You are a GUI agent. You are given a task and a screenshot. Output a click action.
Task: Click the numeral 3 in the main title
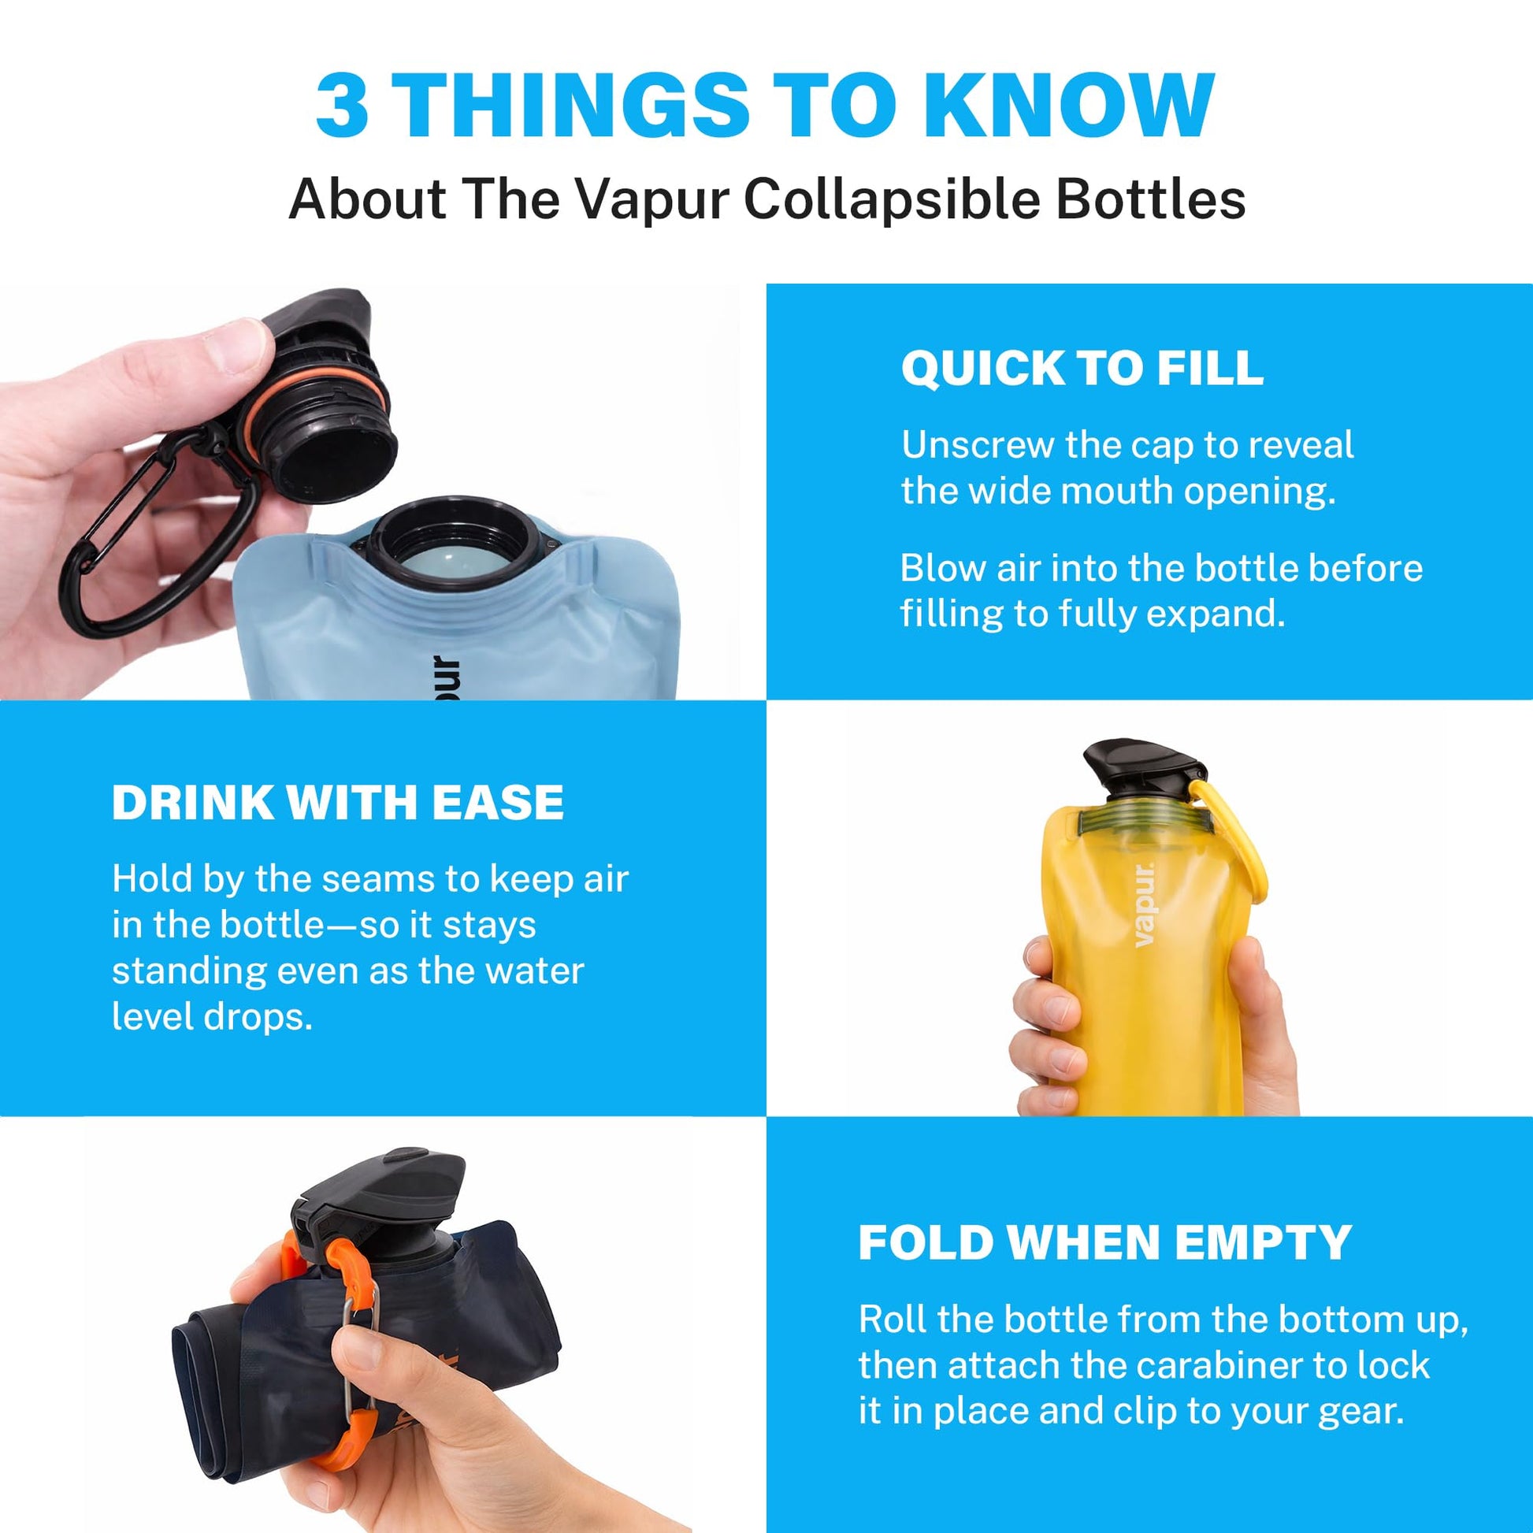click(x=342, y=105)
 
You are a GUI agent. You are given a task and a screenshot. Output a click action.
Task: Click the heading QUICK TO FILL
click(x=1082, y=368)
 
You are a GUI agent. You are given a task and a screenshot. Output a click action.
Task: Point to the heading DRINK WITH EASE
click(x=338, y=802)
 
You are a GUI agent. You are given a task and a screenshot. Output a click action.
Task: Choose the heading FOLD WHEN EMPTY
click(x=1104, y=1242)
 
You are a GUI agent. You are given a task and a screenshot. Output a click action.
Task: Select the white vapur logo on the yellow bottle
click(x=1144, y=904)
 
